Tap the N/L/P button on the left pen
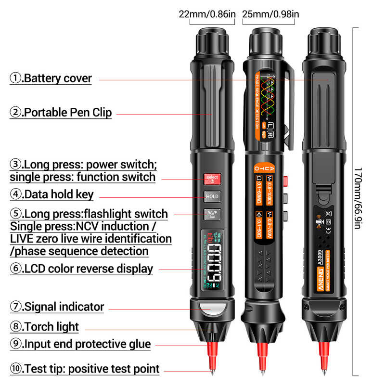[x=212, y=214]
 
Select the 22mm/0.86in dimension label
[x=207, y=14]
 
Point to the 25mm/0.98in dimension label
[x=270, y=14]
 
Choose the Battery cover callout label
[x=51, y=78]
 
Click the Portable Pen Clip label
[x=61, y=113]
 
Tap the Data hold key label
[x=52, y=194]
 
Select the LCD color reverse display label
[x=81, y=269]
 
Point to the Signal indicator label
[x=57, y=306]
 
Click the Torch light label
[x=44, y=326]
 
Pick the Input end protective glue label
[x=80, y=344]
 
